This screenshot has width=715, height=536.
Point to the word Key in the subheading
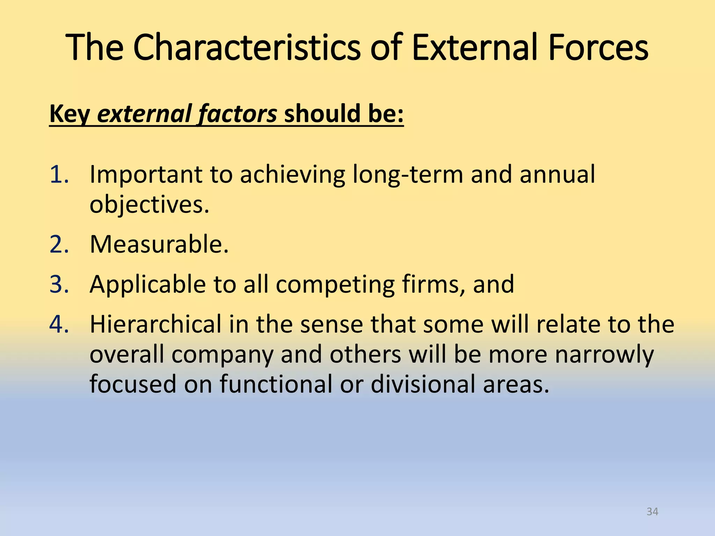(x=70, y=114)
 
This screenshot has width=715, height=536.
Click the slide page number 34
(x=652, y=512)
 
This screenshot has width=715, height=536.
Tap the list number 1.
(x=59, y=174)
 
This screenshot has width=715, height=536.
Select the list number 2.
(x=59, y=244)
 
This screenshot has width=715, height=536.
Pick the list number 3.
(x=59, y=284)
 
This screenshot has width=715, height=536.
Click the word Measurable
(x=159, y=244)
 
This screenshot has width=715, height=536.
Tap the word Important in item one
(x=146, y=174)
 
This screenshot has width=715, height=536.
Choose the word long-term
(x=407, y=174)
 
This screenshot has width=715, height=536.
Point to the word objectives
(x=149, y=204)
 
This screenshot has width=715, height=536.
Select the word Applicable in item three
(x=148, y=284)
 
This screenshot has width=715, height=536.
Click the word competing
(x=335, y=284)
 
